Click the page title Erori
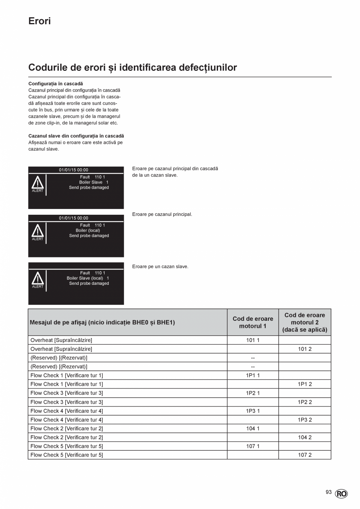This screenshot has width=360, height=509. pos(40,21)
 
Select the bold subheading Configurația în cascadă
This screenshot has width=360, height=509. pos(56,84)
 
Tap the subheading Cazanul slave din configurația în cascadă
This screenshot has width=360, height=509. pos(76,136)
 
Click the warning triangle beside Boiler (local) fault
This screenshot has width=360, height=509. pos(38,230)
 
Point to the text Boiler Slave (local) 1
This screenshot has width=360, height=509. pos(88,278)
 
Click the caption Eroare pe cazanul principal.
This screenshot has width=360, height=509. pos(162,214)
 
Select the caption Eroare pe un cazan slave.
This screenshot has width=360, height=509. pos(160,266)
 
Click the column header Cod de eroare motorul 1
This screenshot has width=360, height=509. pos(253,322)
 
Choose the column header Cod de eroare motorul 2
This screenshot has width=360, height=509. pos(304,322)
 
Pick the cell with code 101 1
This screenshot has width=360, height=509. pos(253,340)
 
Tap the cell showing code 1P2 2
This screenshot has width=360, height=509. pos(304,402)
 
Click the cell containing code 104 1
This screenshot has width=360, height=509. pos(253,428)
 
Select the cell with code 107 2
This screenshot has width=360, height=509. pos(304,455)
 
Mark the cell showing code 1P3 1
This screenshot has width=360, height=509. pos(253,411)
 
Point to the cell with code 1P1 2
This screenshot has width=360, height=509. pos(304,384)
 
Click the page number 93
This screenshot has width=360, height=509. pos(328,492)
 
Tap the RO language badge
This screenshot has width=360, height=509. pos(341,494)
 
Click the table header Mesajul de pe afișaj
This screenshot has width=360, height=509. pos(102,322)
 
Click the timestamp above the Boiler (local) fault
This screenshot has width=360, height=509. pos(74,218)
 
